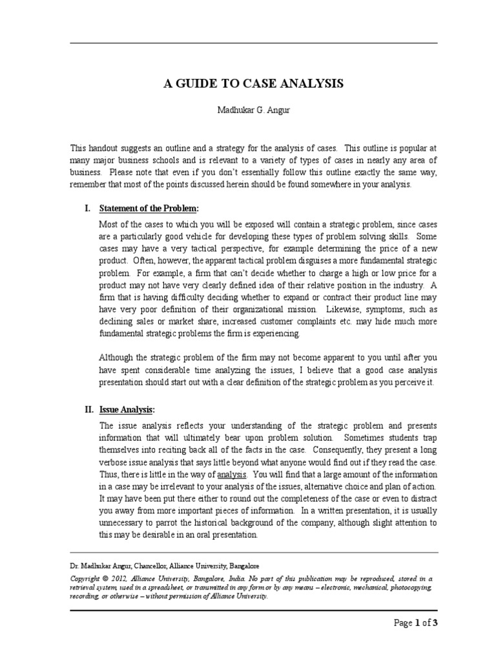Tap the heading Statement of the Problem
149,209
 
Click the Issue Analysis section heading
127,409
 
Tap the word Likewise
340,310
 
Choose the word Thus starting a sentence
108,474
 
